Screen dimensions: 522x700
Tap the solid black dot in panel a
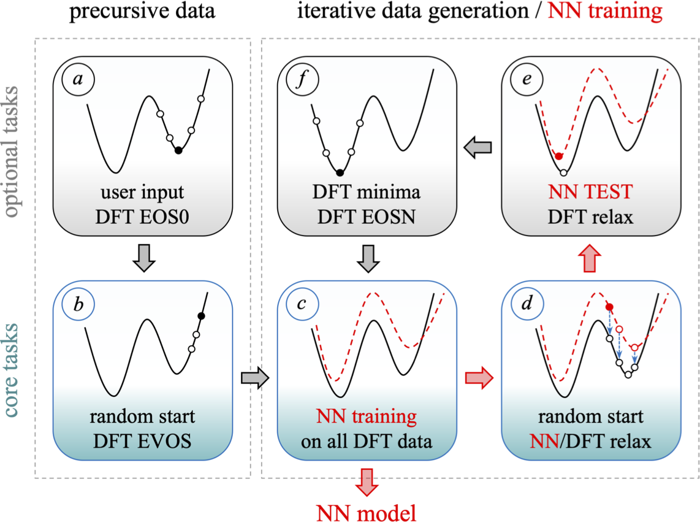coord(178,150)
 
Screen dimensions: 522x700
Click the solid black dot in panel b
coord(200,316)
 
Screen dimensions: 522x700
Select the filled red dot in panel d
coord(609,307)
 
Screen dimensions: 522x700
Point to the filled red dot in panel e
coord(558,156)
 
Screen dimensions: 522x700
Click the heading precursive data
coord(142,11)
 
